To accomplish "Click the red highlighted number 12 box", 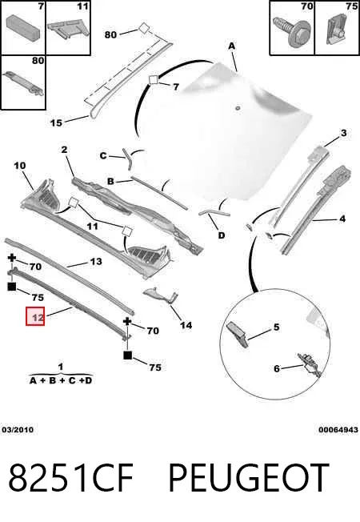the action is (35, 316).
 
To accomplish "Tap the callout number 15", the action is (56, 122).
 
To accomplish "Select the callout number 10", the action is (20, 166).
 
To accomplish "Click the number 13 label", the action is (96, 262).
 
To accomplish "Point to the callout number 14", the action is (186, 325).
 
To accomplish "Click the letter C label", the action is (103, 155).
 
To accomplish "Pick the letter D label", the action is (222, 235).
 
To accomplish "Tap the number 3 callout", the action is (344, 133).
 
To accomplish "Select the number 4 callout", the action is (342, 219).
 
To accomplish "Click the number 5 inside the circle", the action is (277, 327).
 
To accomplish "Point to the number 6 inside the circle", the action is (277, 368).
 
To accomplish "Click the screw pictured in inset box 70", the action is (291, 30).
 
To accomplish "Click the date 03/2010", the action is (18, 430).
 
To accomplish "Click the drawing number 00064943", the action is (338, 430).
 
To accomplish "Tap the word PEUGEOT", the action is (249, 478).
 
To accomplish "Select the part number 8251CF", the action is (70, 478).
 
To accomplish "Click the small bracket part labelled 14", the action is (160, 295).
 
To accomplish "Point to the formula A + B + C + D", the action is (61, 380).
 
